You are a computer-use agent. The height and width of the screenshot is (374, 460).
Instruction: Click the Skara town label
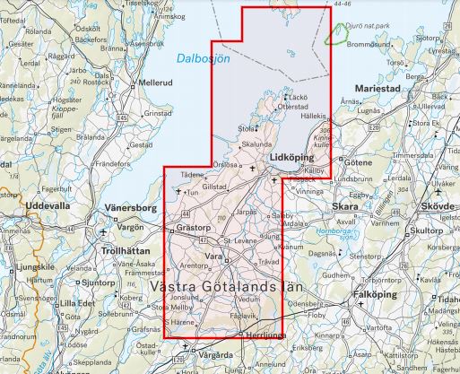(345, 205)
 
